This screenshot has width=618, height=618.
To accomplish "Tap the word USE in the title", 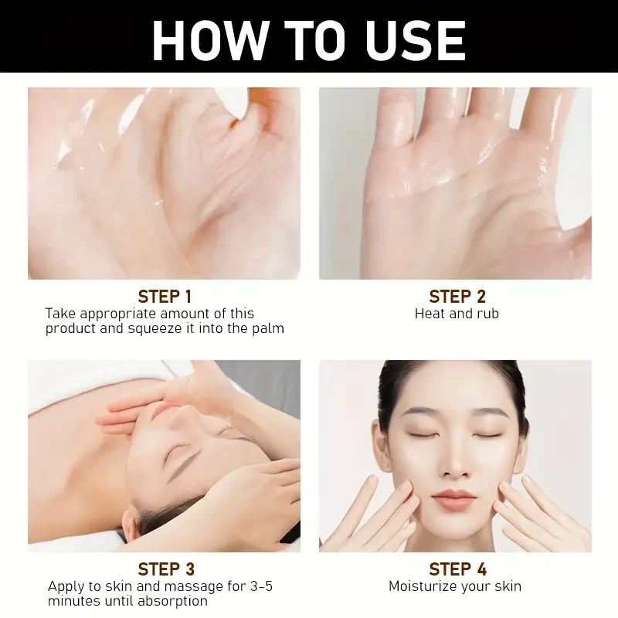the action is click(x=416, y=41).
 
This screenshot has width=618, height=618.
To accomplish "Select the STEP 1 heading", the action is click(x=165, y=297).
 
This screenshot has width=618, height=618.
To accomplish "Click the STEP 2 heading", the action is click(x=457, y=297).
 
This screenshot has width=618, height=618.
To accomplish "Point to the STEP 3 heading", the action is click(x=166, y=569).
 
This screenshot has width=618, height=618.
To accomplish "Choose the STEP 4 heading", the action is click(x=457, y=569).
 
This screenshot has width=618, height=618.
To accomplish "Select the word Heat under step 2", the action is click(x=430, y=314).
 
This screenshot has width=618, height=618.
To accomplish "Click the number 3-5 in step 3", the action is click(x=262, y=586).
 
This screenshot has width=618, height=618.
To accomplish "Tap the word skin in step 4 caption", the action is click(x=508, y=586).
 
